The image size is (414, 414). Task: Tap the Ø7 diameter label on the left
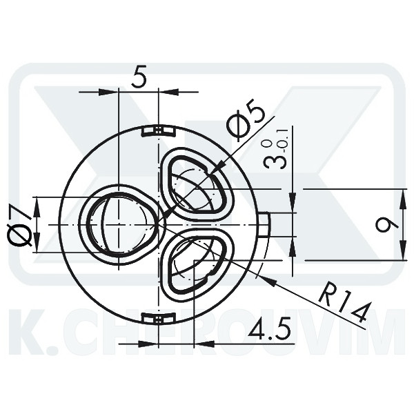point(20,225)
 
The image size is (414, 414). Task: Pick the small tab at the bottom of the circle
point(158,318)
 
